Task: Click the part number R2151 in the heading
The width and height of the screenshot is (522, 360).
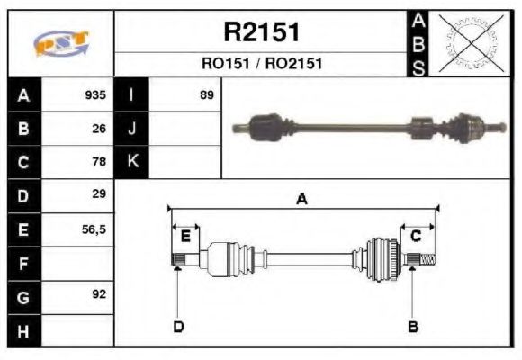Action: (261, 32)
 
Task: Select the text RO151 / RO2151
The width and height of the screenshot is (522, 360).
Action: (261, 64)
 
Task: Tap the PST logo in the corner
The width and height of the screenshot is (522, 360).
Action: (61, 43)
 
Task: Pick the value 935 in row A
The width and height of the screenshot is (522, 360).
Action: (95, 95)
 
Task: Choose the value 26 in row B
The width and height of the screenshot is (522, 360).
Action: (99, 129)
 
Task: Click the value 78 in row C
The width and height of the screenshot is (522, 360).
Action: (99, 162)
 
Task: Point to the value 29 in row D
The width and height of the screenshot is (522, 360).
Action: (99, 194)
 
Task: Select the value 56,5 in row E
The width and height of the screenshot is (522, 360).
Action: (94, 229)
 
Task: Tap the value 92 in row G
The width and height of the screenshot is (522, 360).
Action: (99, 294)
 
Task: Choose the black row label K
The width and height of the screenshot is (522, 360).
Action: (132, 162)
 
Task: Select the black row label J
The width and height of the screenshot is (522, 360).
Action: (132, 129)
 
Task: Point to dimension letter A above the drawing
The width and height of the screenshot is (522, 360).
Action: (301, 200)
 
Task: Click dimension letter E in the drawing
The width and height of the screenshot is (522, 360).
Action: (185, 236)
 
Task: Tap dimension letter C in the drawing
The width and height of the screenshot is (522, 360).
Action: (416, 236)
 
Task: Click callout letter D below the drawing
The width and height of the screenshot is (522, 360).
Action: (178, 326)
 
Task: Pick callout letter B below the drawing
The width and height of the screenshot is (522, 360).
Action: (413, 326)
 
